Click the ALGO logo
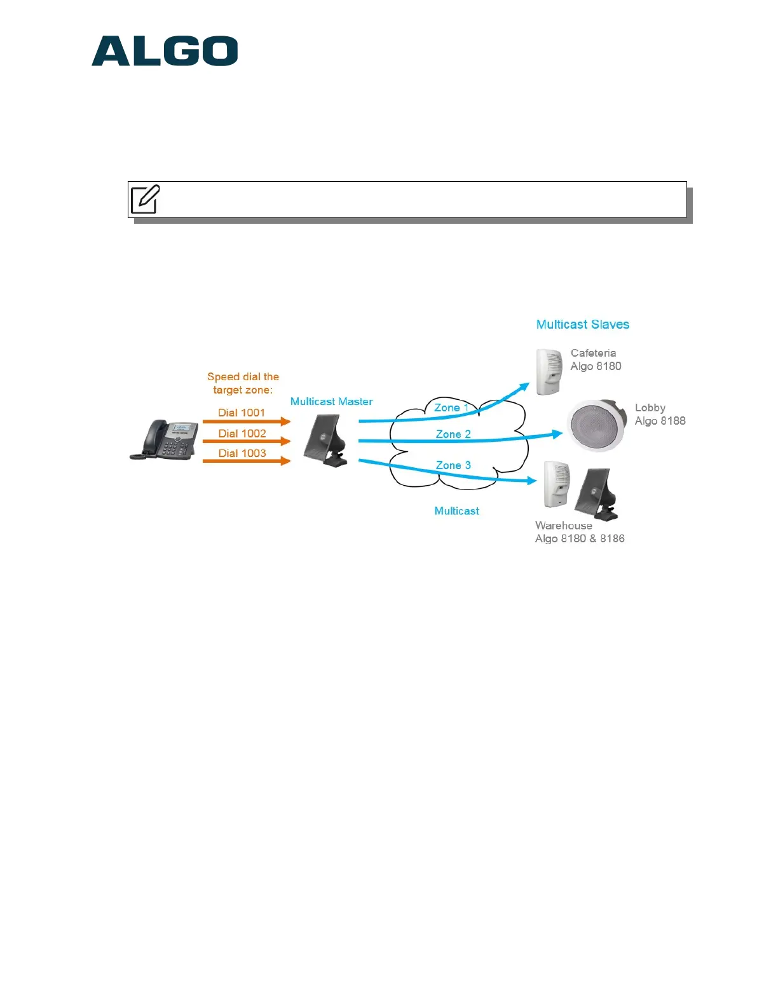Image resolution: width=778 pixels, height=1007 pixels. [x=165, y=51]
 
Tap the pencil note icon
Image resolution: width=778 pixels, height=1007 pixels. [x=145, y=200]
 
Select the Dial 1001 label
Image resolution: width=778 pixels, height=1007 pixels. [x=242, y=413]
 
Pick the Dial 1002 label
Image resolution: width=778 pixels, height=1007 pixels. [x=242, y=434]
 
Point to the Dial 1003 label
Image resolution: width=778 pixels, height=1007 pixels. [x=242, y=453]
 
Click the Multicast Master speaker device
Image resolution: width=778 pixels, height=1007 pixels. [x=326, y=441]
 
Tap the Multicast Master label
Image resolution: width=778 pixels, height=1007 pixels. [x=331, y=402]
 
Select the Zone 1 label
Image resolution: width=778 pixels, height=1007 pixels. [x=451, y=408]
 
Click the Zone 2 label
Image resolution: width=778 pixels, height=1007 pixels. [x=453, y=434]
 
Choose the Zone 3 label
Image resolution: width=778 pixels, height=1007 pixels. [x=453, y=465]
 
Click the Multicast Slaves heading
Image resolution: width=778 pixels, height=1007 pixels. [x=582, y=324]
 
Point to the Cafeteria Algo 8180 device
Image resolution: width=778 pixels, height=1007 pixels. [x=549, y=371]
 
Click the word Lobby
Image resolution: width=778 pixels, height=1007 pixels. [x=650, y=408]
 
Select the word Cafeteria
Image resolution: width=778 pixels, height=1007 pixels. [x=593, y=353]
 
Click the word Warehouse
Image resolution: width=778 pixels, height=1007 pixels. [x=563, y=526]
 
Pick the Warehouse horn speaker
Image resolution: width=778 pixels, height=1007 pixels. [x=597, y=493]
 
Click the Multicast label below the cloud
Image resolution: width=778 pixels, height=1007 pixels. [x=456, y=511]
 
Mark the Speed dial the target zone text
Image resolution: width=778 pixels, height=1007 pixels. [x=243, y=383]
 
